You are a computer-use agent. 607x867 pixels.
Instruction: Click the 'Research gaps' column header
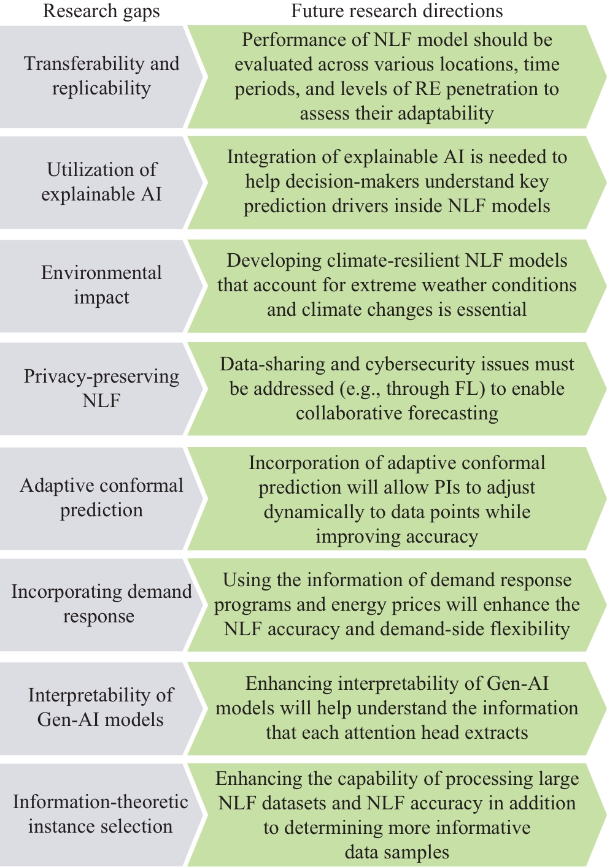click(x=101, y=12)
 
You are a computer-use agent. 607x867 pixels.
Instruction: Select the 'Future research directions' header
click(x=396, y=11)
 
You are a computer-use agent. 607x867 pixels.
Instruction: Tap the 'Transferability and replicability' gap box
click(x=101, y=77)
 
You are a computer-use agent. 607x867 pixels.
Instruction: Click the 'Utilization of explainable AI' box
click(x=101, y=182)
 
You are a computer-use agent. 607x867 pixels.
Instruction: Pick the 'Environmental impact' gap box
click(x=101, y=286)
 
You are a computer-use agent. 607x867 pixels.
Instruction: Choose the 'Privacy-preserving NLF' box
click(x=101, y=389)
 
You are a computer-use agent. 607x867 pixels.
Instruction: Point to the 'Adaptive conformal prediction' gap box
click(x=101, y=498)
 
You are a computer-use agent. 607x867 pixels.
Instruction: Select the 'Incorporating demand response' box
click(x=101, y=605)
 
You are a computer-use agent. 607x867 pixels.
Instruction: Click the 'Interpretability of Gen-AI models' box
click(x=101, y=708)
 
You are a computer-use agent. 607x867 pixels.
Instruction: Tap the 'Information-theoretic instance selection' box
click(x=101, y=815)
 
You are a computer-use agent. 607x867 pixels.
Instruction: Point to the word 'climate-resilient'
click(x=393, y=261)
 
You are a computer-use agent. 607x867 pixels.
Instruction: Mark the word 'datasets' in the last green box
click(x=294, y=803)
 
